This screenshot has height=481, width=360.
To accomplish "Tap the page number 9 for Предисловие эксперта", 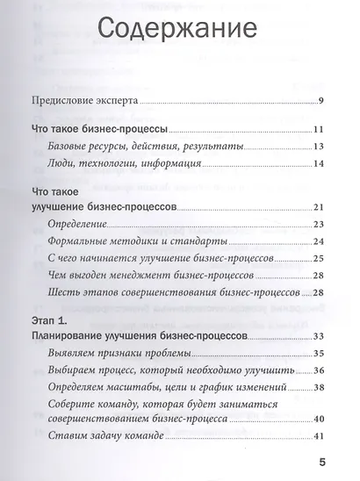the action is click(x=322, y=101).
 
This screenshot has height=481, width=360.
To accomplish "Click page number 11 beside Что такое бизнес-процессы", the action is click(x=320, y=130).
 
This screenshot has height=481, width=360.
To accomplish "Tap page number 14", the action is click(x=320, y=163).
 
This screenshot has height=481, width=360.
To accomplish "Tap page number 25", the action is click(x=320, y=259).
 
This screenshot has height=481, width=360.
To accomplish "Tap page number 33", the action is click(x=320, y=336).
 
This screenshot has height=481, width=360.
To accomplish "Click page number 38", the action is click(x=320, y=387).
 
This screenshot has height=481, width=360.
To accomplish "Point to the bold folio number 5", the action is click(x=322, y=462).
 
